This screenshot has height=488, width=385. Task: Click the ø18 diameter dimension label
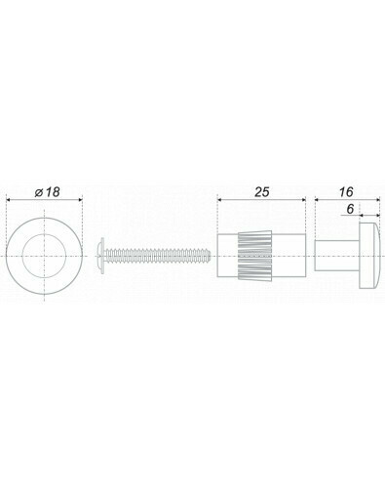point(48,192)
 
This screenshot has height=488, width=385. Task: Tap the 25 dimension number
point(262,192)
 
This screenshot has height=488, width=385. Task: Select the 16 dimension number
point(346,192)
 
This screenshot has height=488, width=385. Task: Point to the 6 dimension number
point(350,209)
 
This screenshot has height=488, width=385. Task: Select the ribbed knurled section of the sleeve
point(255,256)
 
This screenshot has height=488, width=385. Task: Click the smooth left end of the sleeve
point(228,256)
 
